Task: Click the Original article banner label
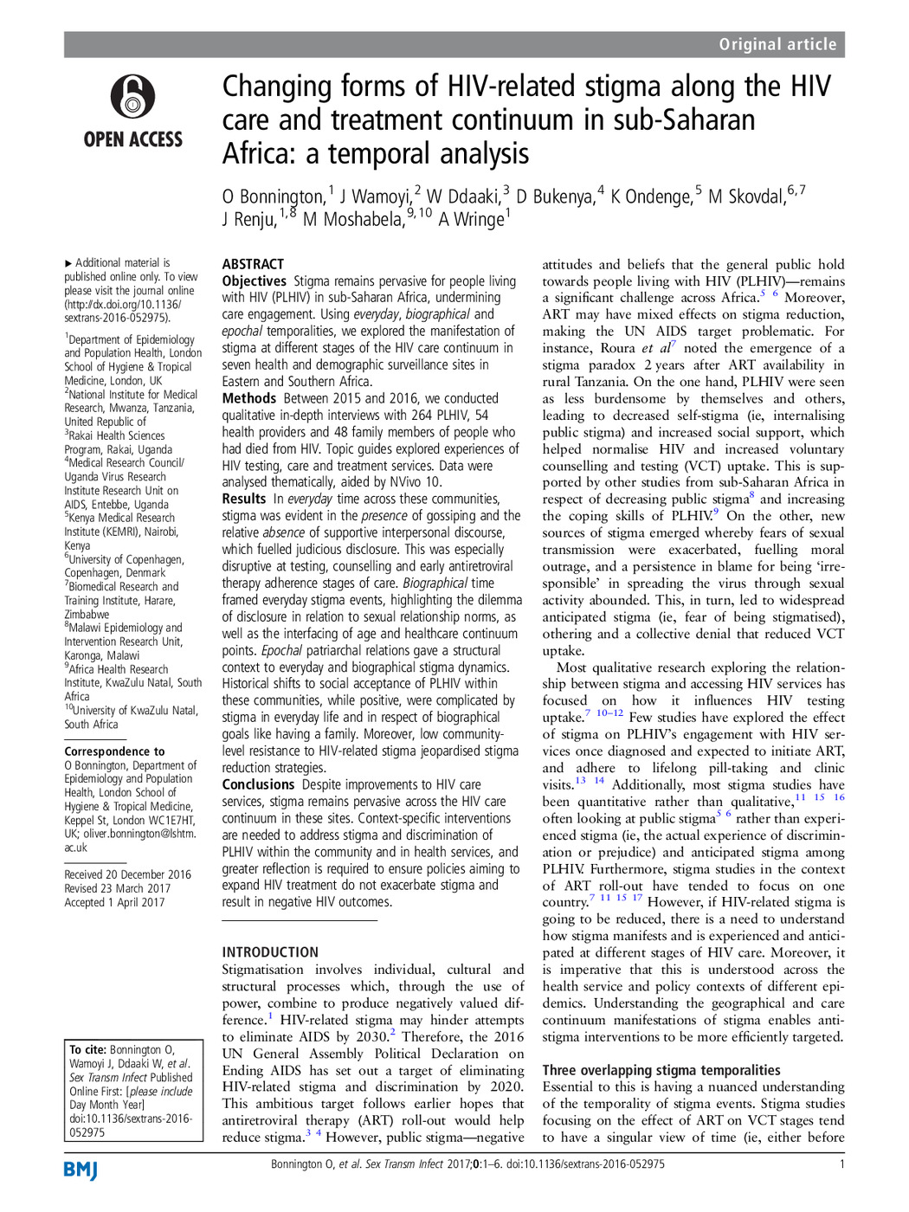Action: [x=777, y=45]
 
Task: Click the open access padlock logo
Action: [x=132, y=97]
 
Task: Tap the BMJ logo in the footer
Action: [x=81, y=1170]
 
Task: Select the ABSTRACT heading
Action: [x=253, y=264]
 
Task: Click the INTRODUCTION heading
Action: [x=270, y=952]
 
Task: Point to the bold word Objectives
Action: [x=254, y=281]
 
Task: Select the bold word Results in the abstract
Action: [x=244, y=499]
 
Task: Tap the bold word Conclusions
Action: [x=258, y=784]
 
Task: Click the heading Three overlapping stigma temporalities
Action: [x=661, y=1070]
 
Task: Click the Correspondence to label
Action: [x=114, y=751]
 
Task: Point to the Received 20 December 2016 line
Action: [x=127, y=874]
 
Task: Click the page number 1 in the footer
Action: [x=841, y=1164]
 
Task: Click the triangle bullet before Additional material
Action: [x=68, y=263]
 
